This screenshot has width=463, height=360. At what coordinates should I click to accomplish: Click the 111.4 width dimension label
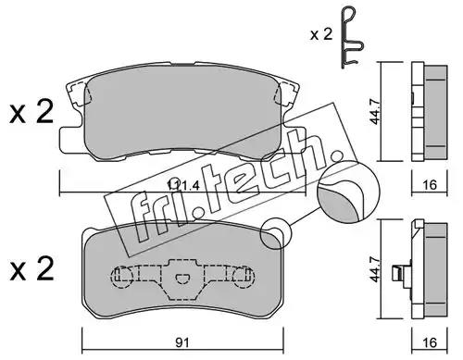coord(183,185)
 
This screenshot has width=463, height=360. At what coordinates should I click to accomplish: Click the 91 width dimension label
coord(182,342)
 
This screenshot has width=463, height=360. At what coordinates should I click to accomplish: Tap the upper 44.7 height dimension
coord(375,110)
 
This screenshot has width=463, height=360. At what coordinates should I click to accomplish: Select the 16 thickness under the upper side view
coord(430,185)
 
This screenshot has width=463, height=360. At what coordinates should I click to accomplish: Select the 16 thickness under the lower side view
coord(430,342)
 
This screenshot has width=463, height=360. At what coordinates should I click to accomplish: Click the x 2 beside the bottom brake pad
coord(31,268)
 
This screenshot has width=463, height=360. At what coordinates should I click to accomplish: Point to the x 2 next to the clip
coord(321,34)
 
